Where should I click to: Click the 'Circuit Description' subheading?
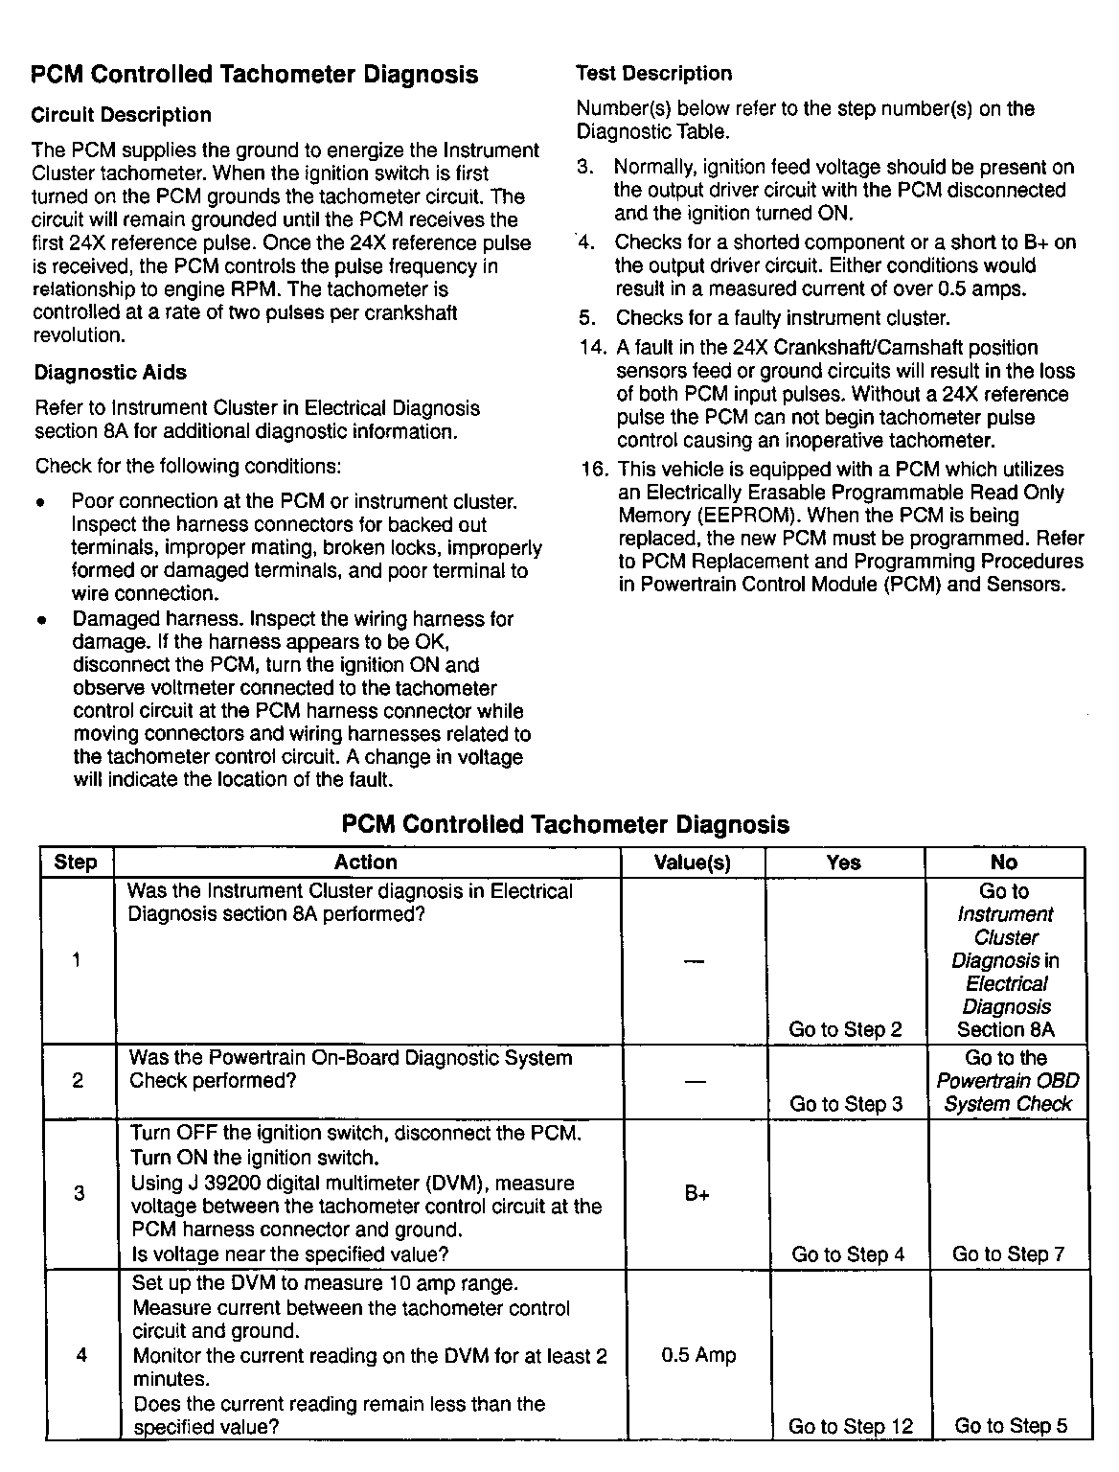click(x=121, y=115)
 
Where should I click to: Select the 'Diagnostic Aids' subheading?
click(x=110, y=373)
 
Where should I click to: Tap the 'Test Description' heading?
click(x=653, y=74)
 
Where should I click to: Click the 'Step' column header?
click(x=76, y=862)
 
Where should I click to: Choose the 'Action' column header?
click(x=366, y=862)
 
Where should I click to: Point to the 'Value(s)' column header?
click(x=692, y=862)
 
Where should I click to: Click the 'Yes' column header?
click(x=843, y=862)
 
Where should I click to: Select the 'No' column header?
click(x=1004, y=862)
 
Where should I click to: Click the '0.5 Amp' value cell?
click(x=698, y=1355)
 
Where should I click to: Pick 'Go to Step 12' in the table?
click(x=851, y=1426)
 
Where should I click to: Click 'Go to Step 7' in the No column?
click(x=1008, y=1254)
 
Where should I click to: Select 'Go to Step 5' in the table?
click(x=1011, y=1426)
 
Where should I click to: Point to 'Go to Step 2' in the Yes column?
click(x=845, y=1030)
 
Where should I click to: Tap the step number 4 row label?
click(x=80, y=1355)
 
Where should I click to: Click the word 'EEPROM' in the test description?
click(x=741, y=516)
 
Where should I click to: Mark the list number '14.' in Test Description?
click(x=594, y=348)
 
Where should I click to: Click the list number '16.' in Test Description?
click(x=596, y=470)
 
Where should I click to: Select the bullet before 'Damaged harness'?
click(x=41, y=620)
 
